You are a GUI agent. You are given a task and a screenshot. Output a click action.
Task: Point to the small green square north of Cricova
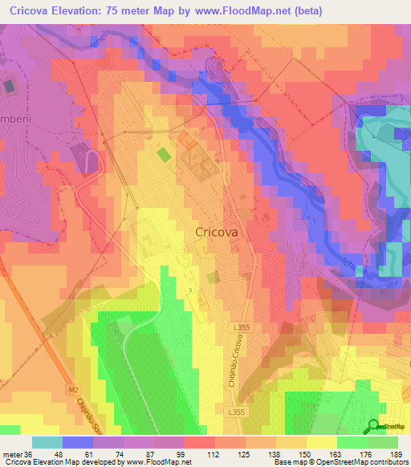coord(163,153)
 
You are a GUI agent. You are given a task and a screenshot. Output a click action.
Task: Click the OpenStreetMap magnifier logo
coord(373,426)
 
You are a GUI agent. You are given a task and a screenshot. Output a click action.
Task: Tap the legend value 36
coord(30,453)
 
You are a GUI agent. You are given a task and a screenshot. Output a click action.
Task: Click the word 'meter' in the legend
coord(12,453)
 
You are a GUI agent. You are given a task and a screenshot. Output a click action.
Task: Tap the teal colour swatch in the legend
coord(47,442)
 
